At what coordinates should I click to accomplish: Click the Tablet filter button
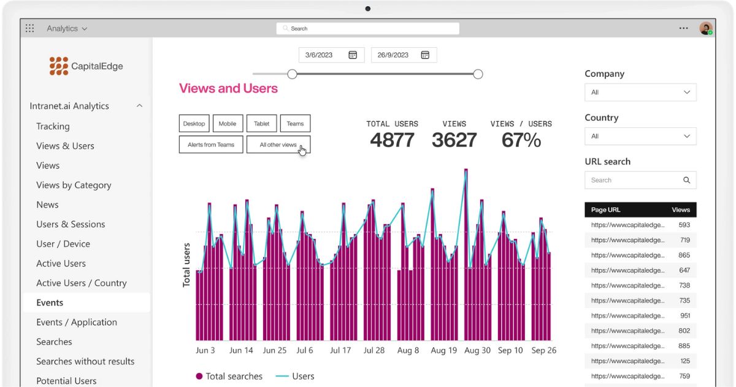pyautogui.click(x=262, y=123)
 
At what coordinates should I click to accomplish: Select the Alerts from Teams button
pyautogui.click(x=211, y=145)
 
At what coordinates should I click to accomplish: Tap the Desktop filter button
pyautogui.click(x=194, y=123)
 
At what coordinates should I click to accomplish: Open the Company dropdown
pyautogui.click(x=640, y=92)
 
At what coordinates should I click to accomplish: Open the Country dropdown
pyautogui.click(x=640, y=136)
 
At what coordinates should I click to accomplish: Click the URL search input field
pyautogui.click(x=635, y=180)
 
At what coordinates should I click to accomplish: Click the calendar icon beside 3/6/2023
pyautogui.click(x=353, y=55)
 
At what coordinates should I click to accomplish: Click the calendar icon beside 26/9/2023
pyautogui.click(x=425, y=55)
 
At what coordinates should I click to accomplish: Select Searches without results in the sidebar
pyautogui.click(x=85, y=361)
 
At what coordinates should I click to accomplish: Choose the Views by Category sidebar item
pyautogui.click(x=74, y=185)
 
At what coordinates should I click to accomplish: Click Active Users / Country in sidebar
pyautogui.click(x=82, y=283)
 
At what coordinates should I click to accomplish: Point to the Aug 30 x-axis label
pyautogui.click(x=477, y=350)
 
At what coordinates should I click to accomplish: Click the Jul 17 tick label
pyautogui.click(x=340, y=350)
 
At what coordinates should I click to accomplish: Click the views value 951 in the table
pyautogui.click(x=684, y=316)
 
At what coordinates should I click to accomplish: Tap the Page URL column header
pyautogui.click(x=606, y=209)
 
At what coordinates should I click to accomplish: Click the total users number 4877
pyautogui.click(x=393, y=140)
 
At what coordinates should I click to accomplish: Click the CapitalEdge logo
pyautogui.click(x=86, y=66)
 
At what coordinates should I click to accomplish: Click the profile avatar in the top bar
pyautogui.click(x=705, y=28)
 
